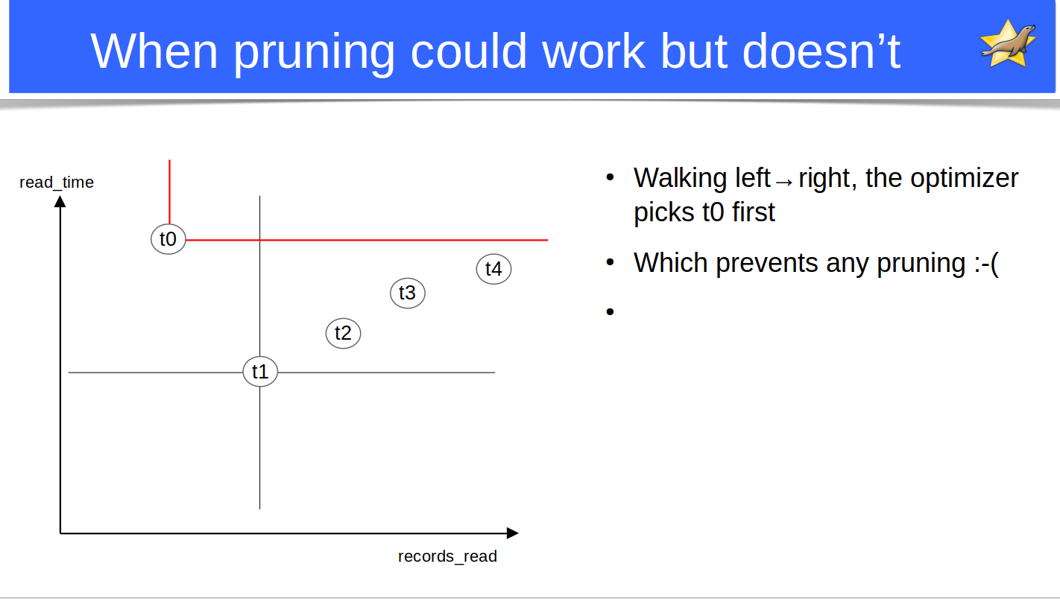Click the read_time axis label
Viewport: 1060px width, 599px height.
(57, 183)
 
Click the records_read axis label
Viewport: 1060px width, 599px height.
(447, 556)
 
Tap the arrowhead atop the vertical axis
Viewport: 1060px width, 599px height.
(60, 201)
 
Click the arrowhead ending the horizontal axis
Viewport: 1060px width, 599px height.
(513, 533)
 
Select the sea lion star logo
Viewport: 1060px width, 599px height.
(1008, 44)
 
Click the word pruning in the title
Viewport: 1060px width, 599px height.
(314, 52)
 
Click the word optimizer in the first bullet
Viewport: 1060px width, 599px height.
(965, 179)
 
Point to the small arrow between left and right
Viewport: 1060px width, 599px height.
(784, 183)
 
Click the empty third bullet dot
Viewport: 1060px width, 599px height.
(610, 311)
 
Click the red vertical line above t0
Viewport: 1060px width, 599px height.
(169, 191)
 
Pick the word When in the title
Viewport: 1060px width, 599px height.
(154, 51)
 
